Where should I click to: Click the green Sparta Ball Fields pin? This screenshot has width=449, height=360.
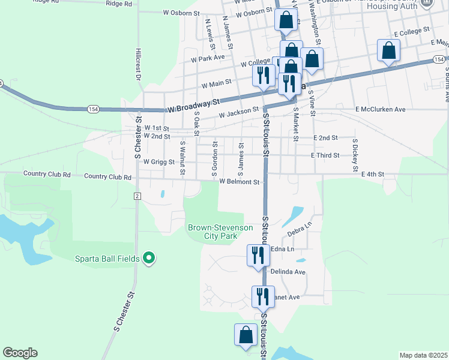[149, 259]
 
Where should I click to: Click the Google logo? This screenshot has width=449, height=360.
[20, 353]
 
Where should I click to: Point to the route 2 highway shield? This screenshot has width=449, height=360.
[137, 197]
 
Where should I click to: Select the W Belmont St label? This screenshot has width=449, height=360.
[239, 182]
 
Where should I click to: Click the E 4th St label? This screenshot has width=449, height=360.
[372, 174]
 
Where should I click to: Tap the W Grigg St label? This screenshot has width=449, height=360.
[158, 162]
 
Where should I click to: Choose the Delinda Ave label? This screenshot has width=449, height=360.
[289, 272]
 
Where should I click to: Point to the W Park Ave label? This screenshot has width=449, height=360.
[208, 58]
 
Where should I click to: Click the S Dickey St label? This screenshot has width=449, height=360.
[355, 153]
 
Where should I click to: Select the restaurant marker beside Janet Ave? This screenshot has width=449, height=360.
[262, 297]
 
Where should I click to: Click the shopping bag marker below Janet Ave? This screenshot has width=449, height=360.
[246, 335]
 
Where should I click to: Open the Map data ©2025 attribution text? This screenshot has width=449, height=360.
[423, 355]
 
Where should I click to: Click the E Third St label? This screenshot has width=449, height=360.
[325, 155]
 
